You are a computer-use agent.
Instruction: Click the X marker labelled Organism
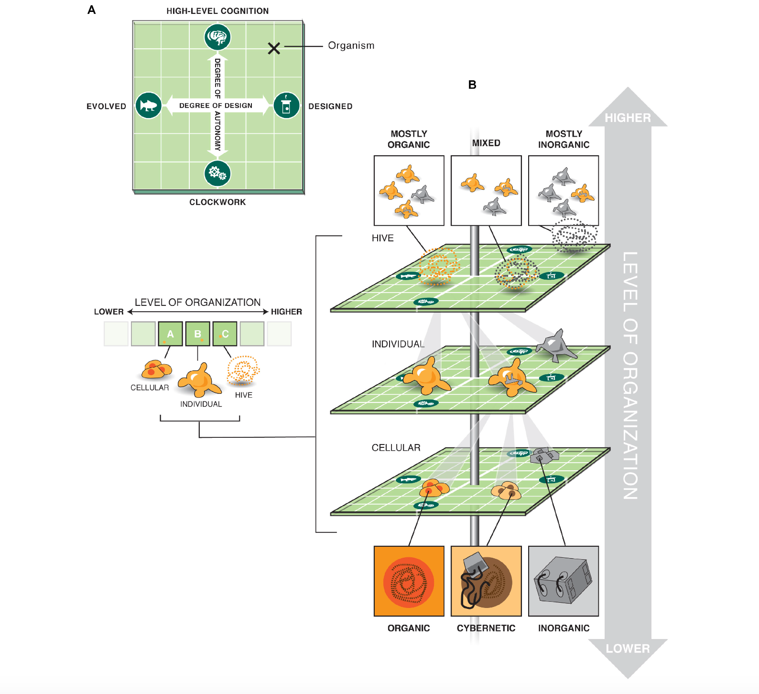coord(274,48)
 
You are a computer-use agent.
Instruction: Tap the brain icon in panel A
coord(218,37)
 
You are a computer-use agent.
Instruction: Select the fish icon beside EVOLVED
coord(149,106)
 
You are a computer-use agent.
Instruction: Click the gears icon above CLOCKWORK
coord(217,173)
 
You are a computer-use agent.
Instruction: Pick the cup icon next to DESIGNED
coord(286,106)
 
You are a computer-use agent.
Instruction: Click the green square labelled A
coord(170,334)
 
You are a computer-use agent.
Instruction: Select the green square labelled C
coord(225,334)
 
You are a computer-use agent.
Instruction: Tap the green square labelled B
coord(197,334)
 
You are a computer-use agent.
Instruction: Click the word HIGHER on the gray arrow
coord(628,118)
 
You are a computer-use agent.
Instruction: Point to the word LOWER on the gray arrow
coord(628,649)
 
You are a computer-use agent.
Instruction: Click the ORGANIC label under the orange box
coord(409,628)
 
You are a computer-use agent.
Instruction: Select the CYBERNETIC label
coord(486,628)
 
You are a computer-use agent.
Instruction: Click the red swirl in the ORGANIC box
coord(409,582)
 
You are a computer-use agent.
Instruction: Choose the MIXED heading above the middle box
coord(486,143)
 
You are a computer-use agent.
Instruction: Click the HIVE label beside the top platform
coord(383,238)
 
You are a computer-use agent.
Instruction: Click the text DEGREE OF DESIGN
coord(216,106)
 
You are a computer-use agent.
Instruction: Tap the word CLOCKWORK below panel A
coord(217,202)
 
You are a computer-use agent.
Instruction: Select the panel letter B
coord(472,85)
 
